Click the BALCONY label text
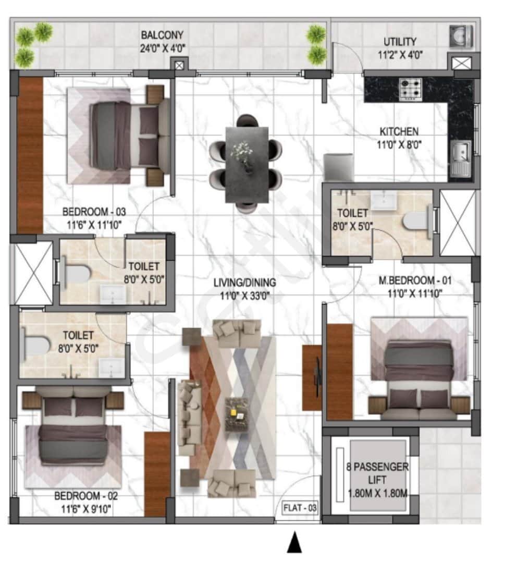[162, 36]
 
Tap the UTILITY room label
[400, 42]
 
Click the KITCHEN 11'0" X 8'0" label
[398, 137]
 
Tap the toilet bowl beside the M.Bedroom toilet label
[416, 219]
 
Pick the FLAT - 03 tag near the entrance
[300, 507]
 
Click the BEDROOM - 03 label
[94, 212]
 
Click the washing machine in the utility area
[461, 36]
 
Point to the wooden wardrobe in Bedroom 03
[30, 155]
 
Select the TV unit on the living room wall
[312, 377]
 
